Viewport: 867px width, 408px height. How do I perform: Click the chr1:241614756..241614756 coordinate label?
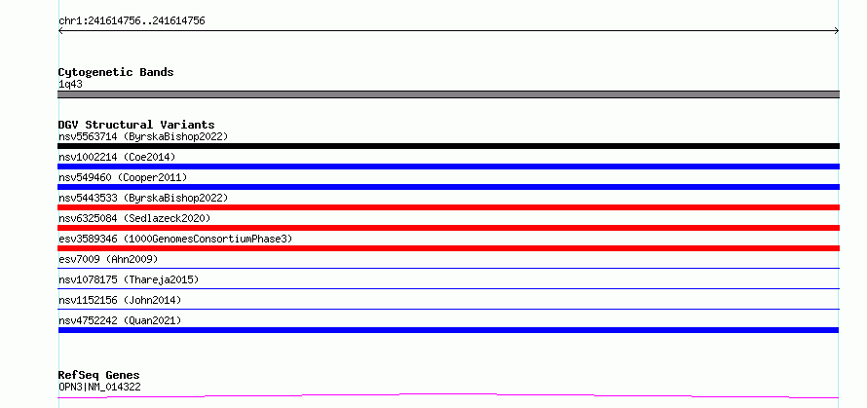pyautogui.click(x=132, y=21)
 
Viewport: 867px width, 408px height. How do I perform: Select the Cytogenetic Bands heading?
pyautogui.click(x=116, y=72)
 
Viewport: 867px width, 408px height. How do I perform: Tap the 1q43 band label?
pyautogui.click(x=70, y=85)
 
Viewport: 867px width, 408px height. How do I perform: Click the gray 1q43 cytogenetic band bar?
pyautogui.click(x=448, y=94)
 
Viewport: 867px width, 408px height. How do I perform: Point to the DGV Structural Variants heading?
pyautogui.click(x=136, y=125)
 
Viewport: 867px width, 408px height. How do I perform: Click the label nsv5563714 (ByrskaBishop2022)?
pyautogui.click(x=143, y=136)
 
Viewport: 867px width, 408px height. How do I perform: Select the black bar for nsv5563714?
pyautogui.click(x=448, y=146)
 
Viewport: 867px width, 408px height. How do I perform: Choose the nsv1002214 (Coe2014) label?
pyautogui.click(x=117, y=157)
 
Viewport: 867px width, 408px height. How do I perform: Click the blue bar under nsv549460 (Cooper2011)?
pyautogui.click(x=448, y=187)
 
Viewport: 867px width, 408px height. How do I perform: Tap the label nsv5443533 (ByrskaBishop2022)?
pyautogui.click(x=143, y=198)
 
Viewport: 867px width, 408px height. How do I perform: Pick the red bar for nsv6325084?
pyautogui.click(x=448, y=228)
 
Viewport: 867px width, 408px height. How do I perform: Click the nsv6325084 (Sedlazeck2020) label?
pyautogui.click(x=134, y=218)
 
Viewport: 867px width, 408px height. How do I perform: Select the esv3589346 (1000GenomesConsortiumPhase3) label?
pyautogui.click(x=175, y=239)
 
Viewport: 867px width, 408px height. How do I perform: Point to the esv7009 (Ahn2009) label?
pyautogui.click(x=108, y=259)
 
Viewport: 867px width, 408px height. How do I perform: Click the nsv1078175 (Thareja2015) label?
pyautogui.click(x=129, y=279)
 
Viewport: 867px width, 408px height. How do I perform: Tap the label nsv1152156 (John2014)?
pyautogui.click(x=120, y=300)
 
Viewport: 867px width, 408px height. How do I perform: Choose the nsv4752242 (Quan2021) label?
pyautogui.click(x=120, y=320)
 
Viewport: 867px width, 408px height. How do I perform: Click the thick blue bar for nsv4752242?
pyautogui.click(x=448, y=330)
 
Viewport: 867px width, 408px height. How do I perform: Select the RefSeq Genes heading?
pyautogui.click(x=98, y=376)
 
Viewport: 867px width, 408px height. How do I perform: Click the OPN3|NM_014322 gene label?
pyautogui.click(x=99, y=387)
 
